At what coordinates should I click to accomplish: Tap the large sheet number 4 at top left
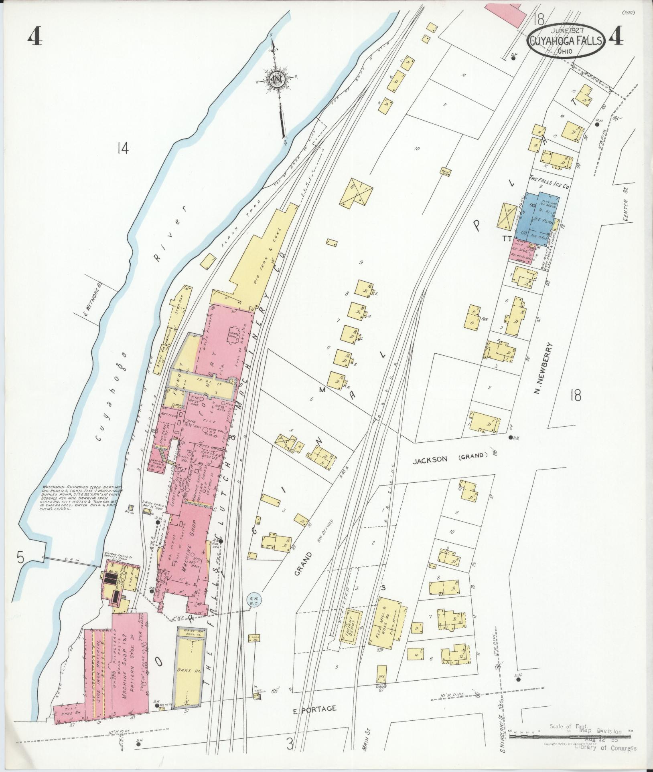click(35, 38)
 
